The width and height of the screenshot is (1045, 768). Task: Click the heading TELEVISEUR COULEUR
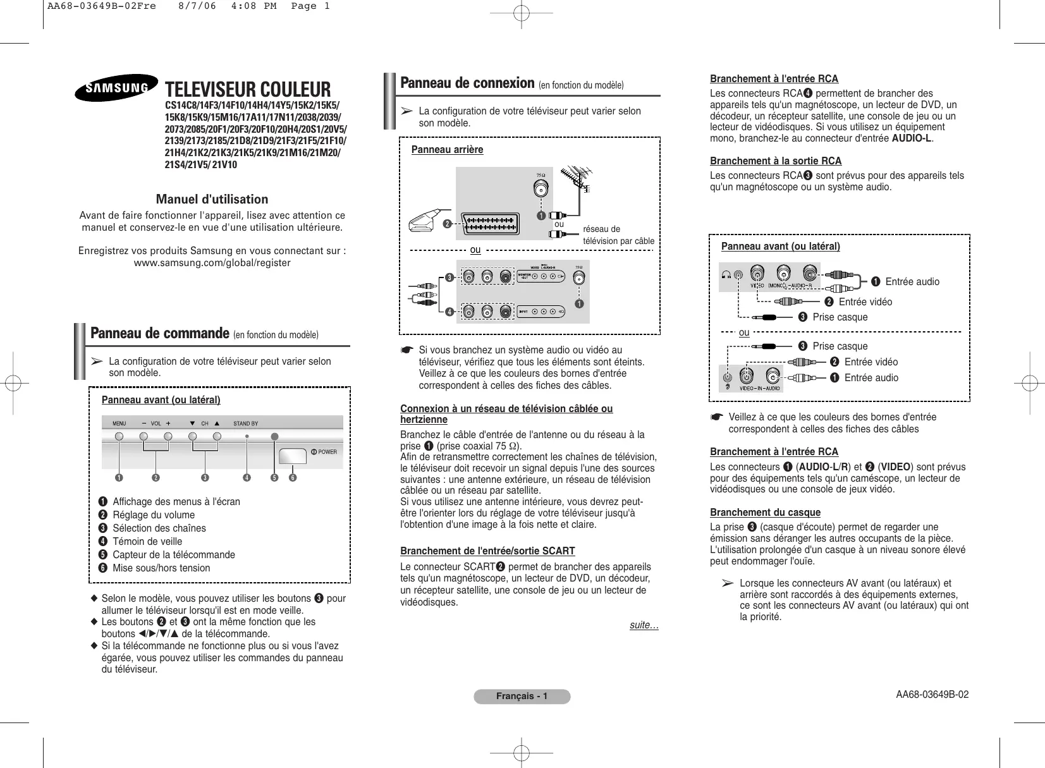coord(248,90)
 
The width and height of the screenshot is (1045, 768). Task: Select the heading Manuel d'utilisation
coord(212,199)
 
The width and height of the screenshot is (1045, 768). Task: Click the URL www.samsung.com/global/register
coord(212,263)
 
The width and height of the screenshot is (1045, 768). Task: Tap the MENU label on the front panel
coord(119,424)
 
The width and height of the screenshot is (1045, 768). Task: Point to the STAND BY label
coord(245,424)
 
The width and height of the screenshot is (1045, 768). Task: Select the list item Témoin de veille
coord(147,541)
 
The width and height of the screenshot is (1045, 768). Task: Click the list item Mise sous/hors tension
coord(161,568)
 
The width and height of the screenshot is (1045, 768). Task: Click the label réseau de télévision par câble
coord(618,235)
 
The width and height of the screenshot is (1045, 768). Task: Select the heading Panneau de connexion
coord(467,83)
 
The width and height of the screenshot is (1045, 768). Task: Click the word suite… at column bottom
coord(644,625)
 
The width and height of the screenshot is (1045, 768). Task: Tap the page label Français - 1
coord(522,697)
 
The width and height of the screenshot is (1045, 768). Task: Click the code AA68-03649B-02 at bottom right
coord(932,694)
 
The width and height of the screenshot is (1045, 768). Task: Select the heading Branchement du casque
coord(765,512)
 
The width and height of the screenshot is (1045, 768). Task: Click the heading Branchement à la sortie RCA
coord(776,161)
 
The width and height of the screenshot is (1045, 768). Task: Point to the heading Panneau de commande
coord(159,333)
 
